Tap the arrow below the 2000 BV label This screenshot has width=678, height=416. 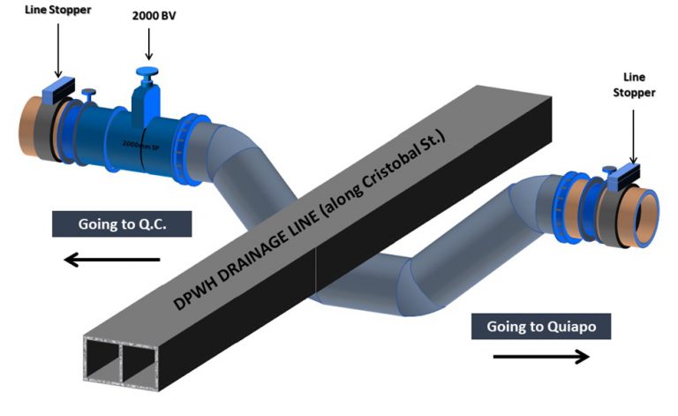tap(149, 43)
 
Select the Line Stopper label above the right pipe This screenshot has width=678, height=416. tap(635, 86)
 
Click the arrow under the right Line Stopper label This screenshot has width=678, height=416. tap(632, 132)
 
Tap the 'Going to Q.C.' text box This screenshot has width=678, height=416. tap(121, 225)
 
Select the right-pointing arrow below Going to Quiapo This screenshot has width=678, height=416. tap(539, 357)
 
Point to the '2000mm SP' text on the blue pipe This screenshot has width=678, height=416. tap(135, 144)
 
